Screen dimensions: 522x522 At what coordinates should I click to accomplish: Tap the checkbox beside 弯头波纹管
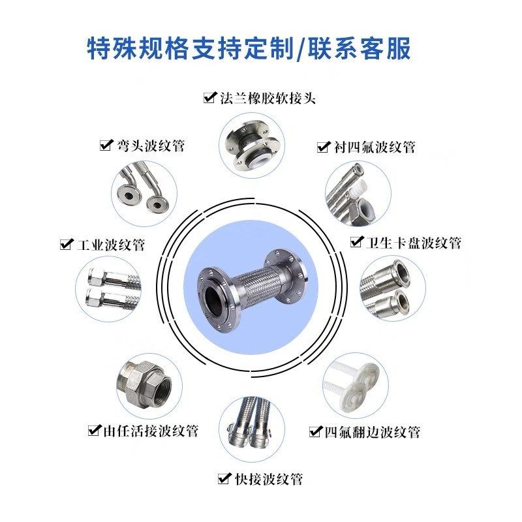click(x=105, y=145)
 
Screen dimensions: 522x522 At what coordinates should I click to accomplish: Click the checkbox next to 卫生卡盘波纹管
click(x=356, y=242)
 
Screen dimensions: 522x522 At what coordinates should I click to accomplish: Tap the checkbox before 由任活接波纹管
click(x=94, y=430)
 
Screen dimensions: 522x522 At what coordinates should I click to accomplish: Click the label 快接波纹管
click(x=268, y=479)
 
